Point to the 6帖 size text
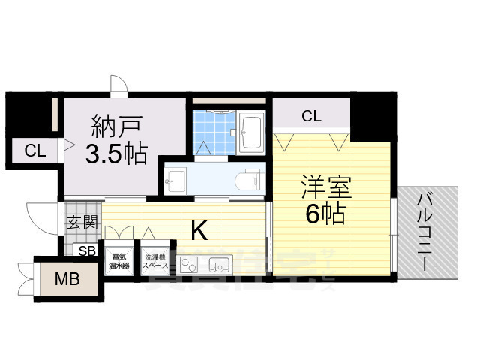(x=325, y=215)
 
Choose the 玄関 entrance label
(x=81, y=222)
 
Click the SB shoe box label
(x=87, y=251)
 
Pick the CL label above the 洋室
(x=311, y=116)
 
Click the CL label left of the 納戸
(x=34, y=151)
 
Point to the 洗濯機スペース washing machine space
(x=155, y=261)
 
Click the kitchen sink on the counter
(x=219, y=265)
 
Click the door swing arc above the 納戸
(x=118, y=84)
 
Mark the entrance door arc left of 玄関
(x=39, y=217)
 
